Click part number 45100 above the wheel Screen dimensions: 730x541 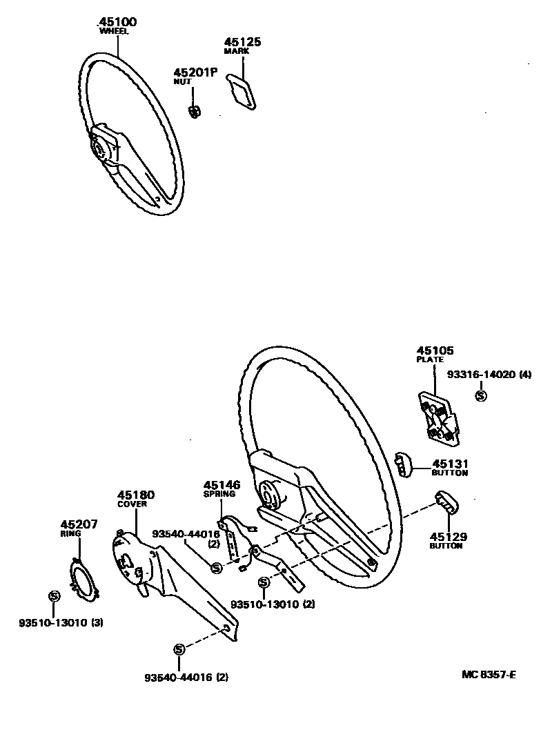point(117,22)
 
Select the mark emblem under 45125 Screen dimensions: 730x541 point(242,92)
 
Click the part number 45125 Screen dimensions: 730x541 point(243,42)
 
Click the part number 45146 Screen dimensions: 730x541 point(222,485)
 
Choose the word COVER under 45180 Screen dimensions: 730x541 point(132,504)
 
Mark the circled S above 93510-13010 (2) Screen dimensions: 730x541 point(264,583)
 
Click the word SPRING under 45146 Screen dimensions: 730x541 point(219,495)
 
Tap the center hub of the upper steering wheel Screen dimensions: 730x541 point(101,147)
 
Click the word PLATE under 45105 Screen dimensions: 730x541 point(430,359)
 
